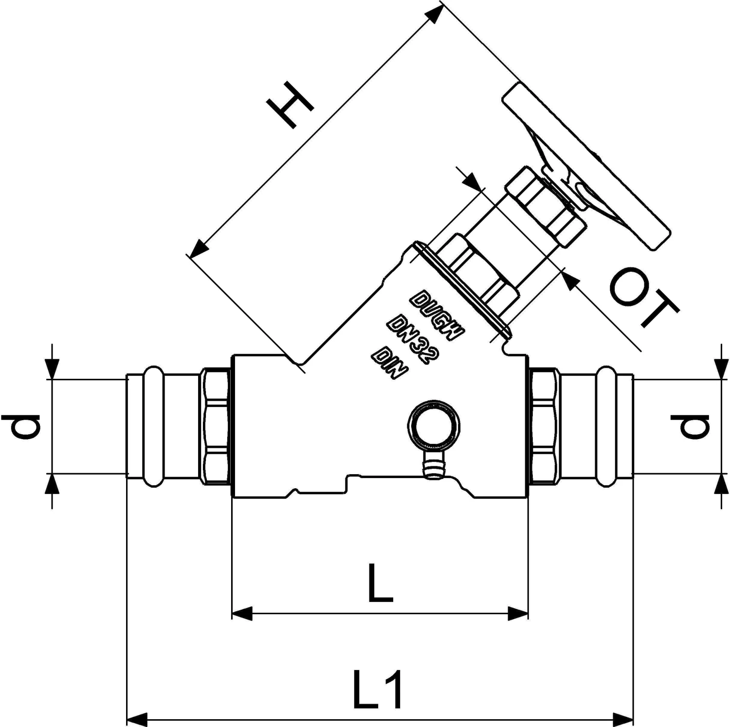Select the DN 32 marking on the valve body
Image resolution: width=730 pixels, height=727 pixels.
point(413,339)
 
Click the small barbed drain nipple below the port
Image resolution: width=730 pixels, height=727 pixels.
point(431,466)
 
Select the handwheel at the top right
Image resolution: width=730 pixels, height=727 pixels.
point(584,165)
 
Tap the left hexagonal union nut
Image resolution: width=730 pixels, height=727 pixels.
point(215,426)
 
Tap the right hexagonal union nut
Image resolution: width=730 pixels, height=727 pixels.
point(545,426)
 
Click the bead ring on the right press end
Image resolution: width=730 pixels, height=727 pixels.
point(607,426)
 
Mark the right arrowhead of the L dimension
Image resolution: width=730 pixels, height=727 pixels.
point(518,614)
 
